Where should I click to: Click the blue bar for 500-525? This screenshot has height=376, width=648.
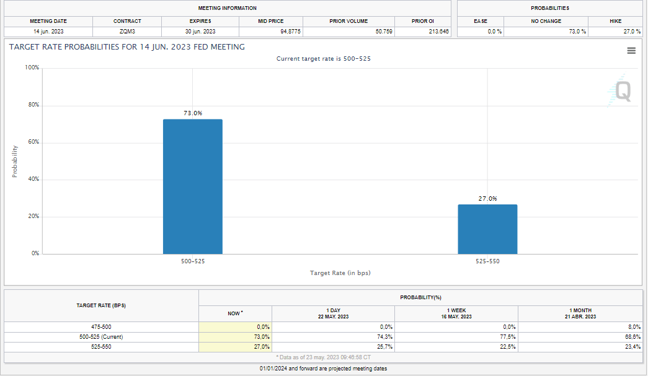coord(192,186)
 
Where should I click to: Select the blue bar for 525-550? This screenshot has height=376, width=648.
coord(487,229)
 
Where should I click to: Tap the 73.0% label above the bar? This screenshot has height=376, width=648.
coord(192,113)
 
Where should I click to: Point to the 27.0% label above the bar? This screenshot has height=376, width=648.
coord(487,199)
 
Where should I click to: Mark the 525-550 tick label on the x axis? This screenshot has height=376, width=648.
coord(487,261)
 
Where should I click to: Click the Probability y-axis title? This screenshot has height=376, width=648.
coord(15,161)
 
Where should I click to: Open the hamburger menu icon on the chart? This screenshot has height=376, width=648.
coord(631,51)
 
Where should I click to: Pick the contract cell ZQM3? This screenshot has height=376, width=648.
coord(127,32)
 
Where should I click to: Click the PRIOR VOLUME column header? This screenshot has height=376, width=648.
coord(348,21)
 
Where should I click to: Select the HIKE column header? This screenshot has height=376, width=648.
coord(615,21)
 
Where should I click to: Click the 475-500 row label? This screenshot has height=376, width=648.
coord(101,326)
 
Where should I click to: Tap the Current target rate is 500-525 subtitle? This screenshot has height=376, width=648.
coord(324,59)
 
